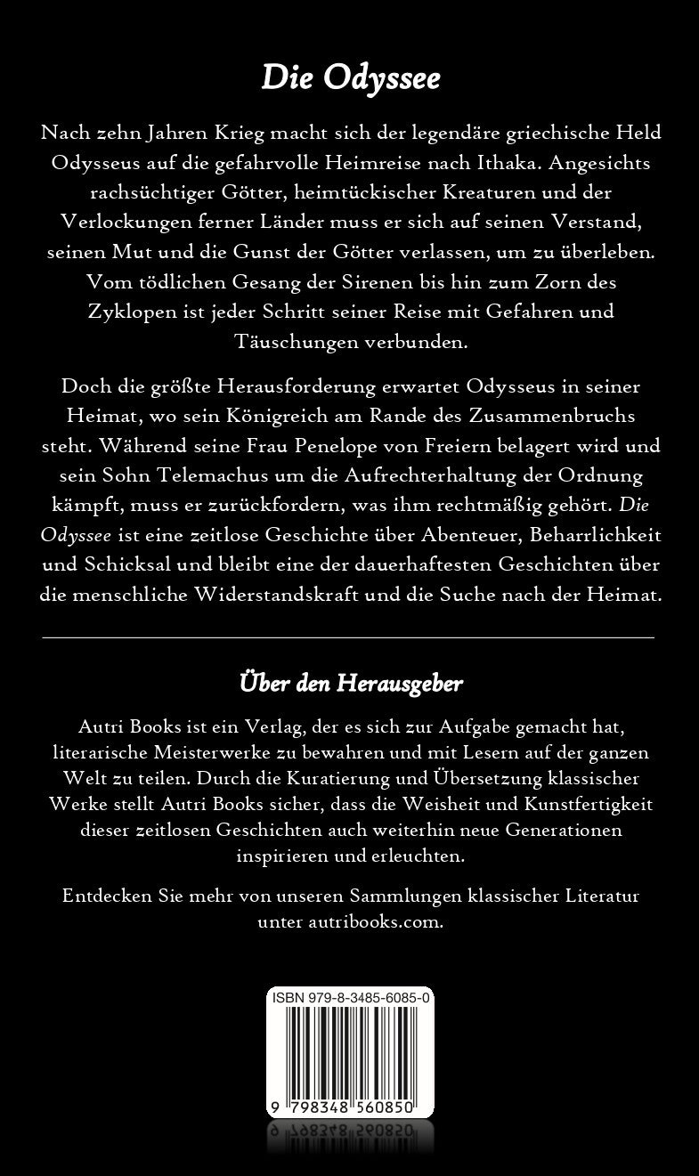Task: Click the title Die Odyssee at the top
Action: tap(350, 79)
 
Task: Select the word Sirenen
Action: tap(372, 281)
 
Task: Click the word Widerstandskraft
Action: tap(258, 594)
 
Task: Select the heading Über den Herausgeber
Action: tap(350, 683)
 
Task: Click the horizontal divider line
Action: tap(349, 637)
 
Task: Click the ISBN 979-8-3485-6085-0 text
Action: tap(350, 998)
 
